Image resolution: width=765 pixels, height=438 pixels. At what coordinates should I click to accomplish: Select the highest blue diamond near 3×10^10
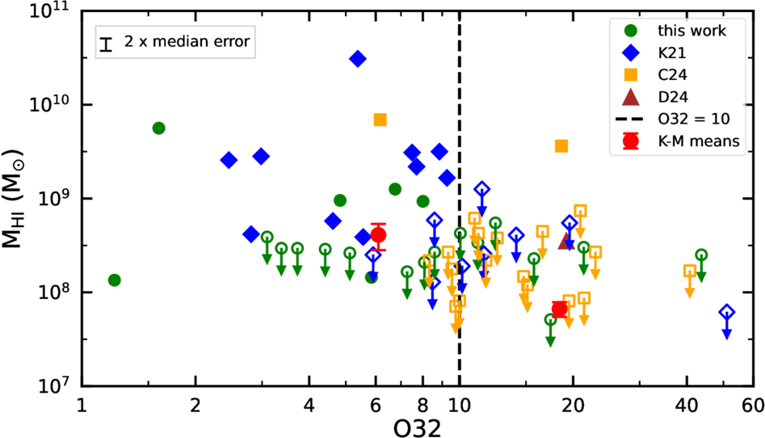357,58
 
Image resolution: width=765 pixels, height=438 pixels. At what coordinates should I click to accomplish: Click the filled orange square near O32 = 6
380,120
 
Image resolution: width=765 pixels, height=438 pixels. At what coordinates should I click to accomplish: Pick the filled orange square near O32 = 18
561,146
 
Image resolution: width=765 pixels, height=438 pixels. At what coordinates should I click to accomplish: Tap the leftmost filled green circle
114,280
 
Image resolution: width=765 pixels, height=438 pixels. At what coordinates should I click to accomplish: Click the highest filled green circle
158,128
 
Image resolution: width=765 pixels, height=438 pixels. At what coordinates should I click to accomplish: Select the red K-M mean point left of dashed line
377,235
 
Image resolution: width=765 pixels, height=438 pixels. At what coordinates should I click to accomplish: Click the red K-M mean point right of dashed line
559,309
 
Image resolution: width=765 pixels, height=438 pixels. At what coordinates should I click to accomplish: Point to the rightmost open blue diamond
726,312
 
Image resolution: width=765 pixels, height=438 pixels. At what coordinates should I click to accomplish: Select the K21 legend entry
682,53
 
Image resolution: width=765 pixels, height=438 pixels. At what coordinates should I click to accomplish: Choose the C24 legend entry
682,75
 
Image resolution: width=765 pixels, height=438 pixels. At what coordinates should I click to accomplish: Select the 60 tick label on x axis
753,402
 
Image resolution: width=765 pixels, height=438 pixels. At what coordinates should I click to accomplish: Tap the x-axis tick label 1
81,402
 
